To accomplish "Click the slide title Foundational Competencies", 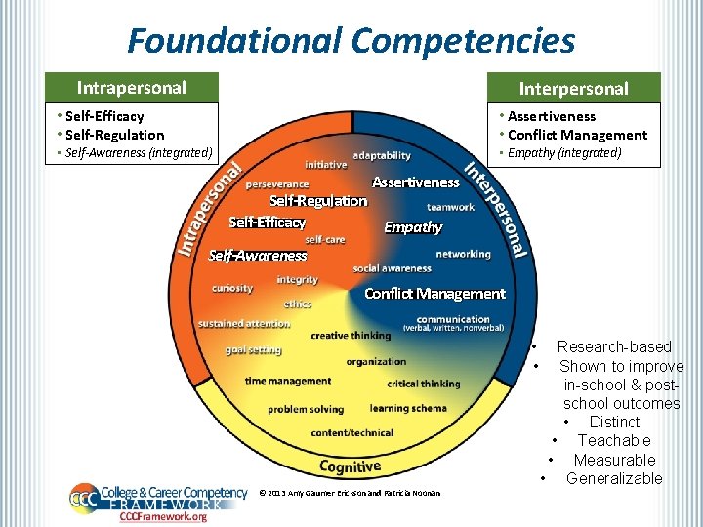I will pyautogui.click(x=351, y=41).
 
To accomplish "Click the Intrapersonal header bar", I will pyautogui.click(x=132, y=88).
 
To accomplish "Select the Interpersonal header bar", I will pyautogui.click(x=573, y=89).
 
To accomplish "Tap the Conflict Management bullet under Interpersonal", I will pyautogui.click(x=577, y=135).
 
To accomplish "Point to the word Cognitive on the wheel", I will pyautogui.click(x=350, y=467).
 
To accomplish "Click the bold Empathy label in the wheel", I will pyautogui.click(x=413, y=227).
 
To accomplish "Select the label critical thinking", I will pyautogui.click(x=423, y=384).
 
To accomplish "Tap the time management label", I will pyautogui.click(x=288, y=381).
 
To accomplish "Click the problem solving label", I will pyautogui.click(x=306, y=410).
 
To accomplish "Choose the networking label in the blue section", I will pyautogui.click(x=463, y=254).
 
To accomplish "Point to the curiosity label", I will pyautogui.click(x=232, y=288).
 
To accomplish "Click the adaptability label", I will pyautogui.click(x=382, y=156).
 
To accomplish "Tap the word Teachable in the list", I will pyautogui.click(x=614, y=441).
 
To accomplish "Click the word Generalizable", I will pyautogui.click(x=614, y=478).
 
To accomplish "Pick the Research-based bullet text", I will pyautogui.click(x=614, y=346).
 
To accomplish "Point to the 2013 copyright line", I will pyautogui.click(x=350, y=493).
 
